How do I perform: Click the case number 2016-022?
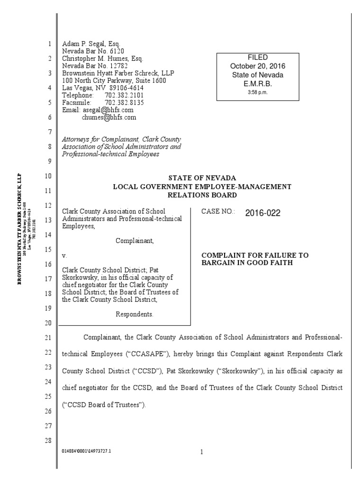pyautogui.click(x=263, y=213)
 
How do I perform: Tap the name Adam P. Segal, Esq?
pyautogui.click(x=85, y=44)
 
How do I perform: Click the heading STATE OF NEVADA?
pyautogui.click(x=201, y=177)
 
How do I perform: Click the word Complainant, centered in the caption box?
pyautogui.click(x=135, y=241)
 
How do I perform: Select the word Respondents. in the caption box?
pyautogui.click(x=135, y=314)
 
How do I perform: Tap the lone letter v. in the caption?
pyautogui.click(x=65, y=255)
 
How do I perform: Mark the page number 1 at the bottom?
pyautogui.click(x=201, y=452)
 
